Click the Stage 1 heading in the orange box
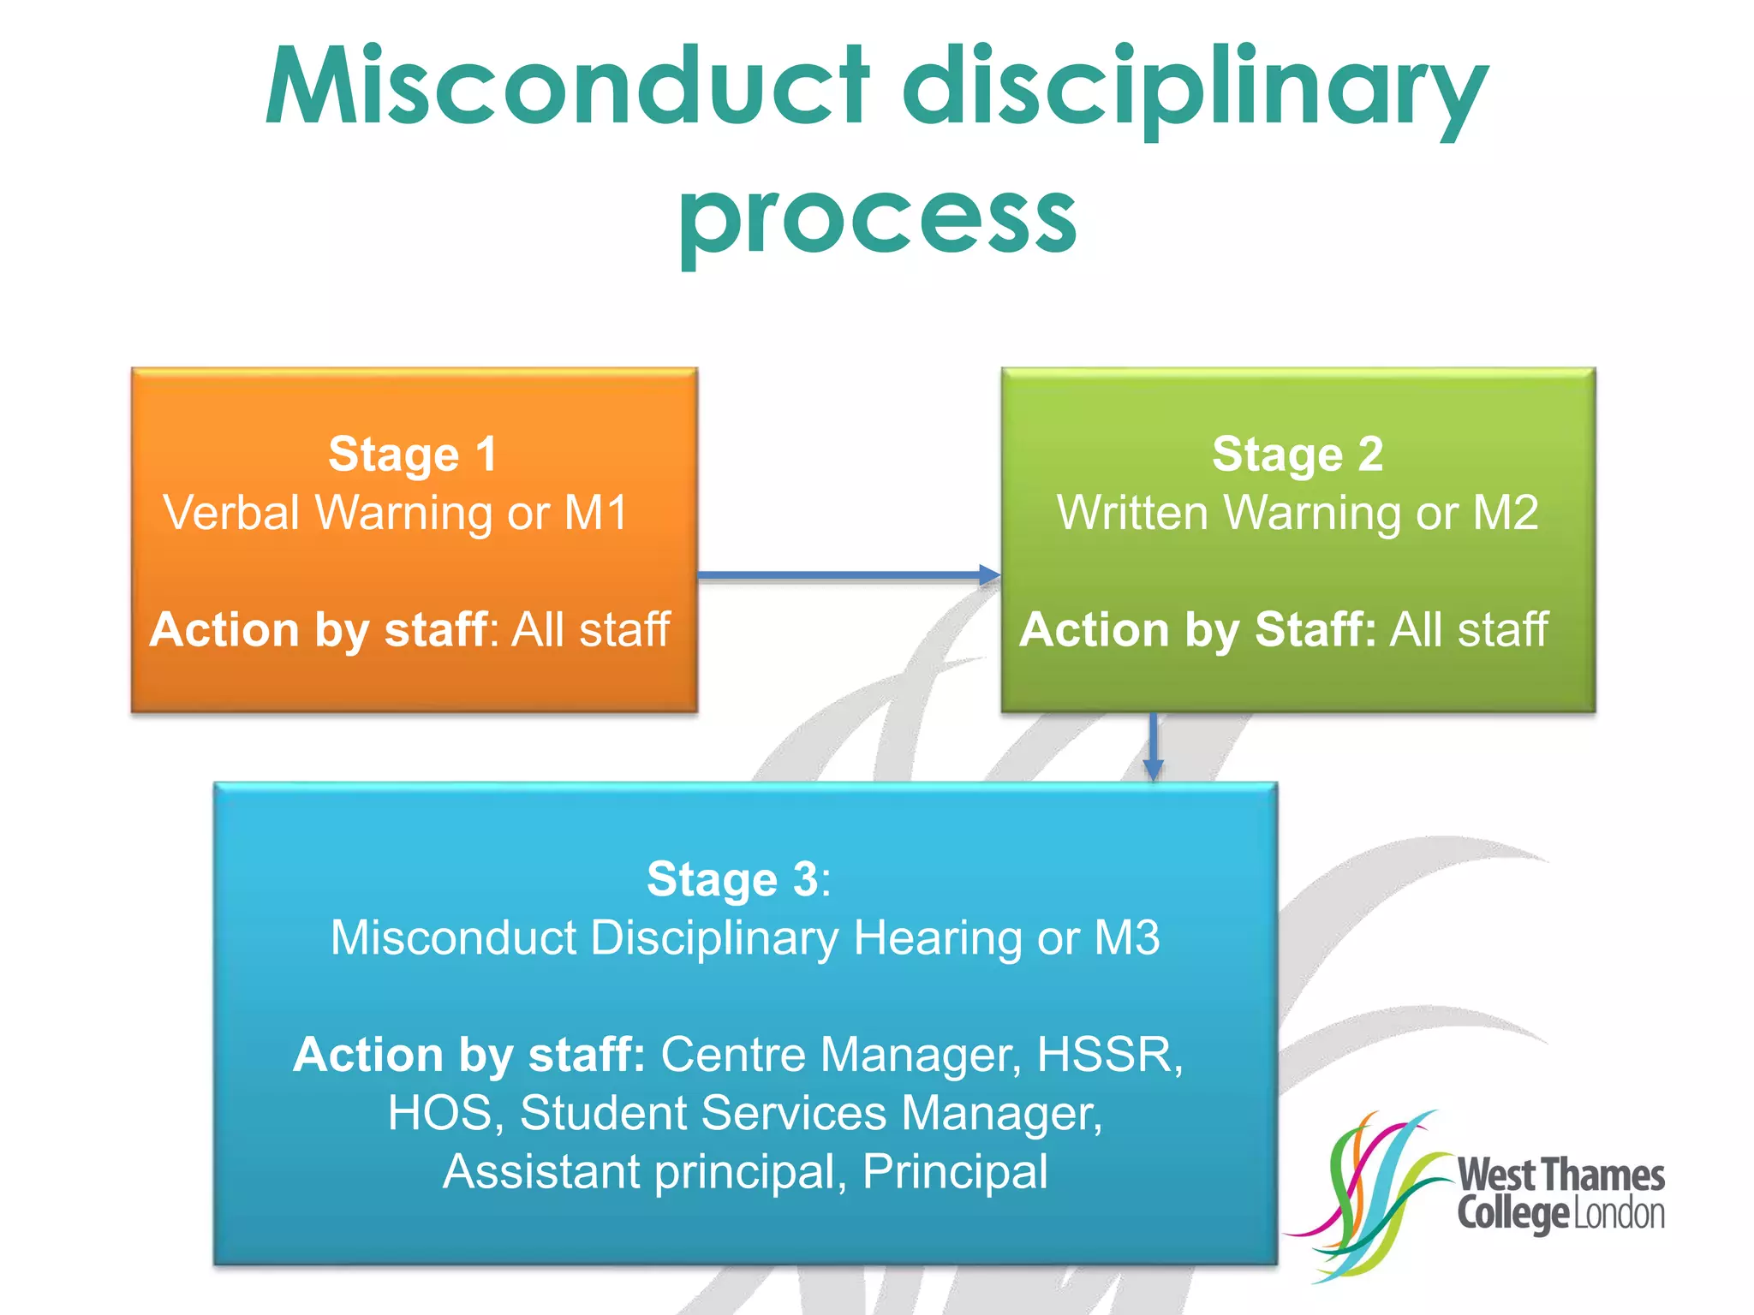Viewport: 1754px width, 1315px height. coord(413,454)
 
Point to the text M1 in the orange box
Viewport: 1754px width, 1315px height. coord(596,514)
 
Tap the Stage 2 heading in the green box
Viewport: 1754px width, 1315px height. coord(1298,454)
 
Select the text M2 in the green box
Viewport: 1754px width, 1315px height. coord(1505,514)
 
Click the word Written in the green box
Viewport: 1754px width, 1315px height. coord(1131,514)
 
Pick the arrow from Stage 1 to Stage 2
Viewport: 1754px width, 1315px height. coord(849,575)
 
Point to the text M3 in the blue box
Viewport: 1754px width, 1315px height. coord(1127,937)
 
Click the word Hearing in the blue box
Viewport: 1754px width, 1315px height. coord(939,937)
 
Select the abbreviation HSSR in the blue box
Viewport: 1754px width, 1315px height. coord(1109,1055)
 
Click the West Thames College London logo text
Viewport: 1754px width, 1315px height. coord(1560,1194)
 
